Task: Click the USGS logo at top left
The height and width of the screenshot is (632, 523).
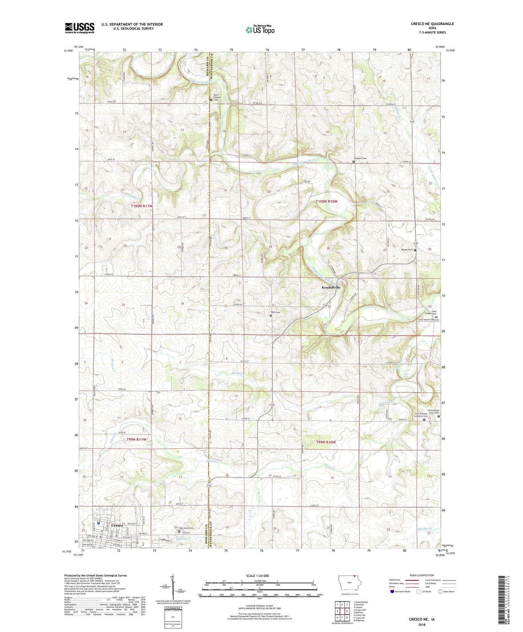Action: [x=79, y=28]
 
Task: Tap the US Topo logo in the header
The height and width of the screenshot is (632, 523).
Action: [x=260, y=30]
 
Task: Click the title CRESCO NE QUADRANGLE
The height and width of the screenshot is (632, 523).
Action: [x=432, y=24]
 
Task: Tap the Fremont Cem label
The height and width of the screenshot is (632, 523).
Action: [x=362, y=158]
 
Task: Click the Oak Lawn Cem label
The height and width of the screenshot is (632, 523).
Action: [x=186, y=528]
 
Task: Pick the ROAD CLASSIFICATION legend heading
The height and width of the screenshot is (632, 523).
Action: [x=422, y=575]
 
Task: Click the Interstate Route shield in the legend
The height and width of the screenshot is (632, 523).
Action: [x=392, y=592]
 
